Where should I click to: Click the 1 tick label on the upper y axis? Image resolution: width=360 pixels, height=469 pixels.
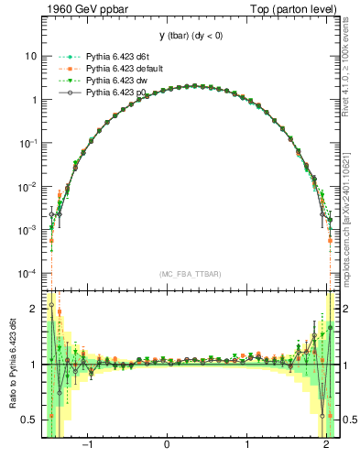click(x=33, y=100)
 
